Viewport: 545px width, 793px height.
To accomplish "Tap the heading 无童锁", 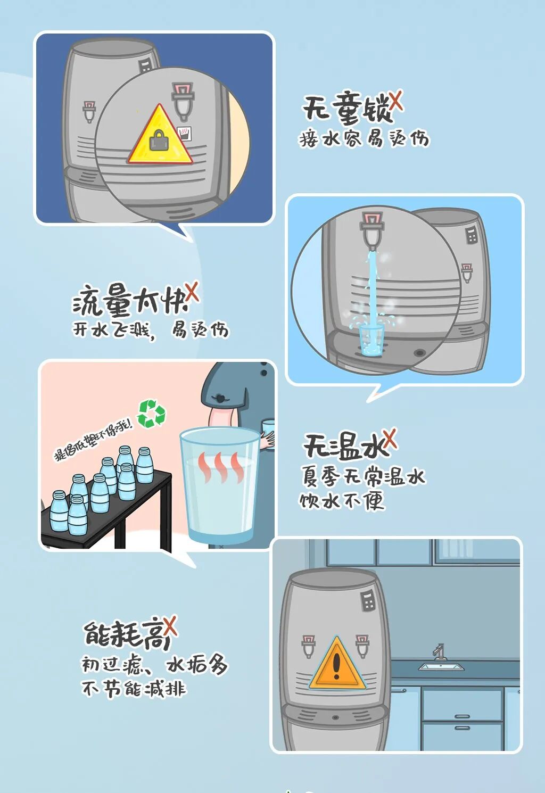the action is pyautogui.click(x=347, y=109).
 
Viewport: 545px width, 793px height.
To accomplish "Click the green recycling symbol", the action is pyautogui.click(x=152, y=414).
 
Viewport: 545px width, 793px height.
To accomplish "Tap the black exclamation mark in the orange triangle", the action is pyautogui.click(x=336, y=665).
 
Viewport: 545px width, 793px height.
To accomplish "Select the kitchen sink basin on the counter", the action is pyautogui.click(x=441, y=667).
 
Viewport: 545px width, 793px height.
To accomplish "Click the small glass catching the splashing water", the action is pyautogui.click(x=371, y=341).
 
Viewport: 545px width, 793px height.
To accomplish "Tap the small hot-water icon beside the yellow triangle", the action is pyautogui.click(x=184, y=133).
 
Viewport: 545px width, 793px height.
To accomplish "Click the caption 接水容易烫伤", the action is pyautogui.click(x=364, y=138).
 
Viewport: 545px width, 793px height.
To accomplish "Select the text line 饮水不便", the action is pyautogui.click(x=342, y=501).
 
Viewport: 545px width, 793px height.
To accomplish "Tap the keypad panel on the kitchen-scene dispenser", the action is pyautogui.click(x=368, y=601).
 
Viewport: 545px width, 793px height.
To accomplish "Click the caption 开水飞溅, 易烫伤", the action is pyautogui.click(x=150, y=331).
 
